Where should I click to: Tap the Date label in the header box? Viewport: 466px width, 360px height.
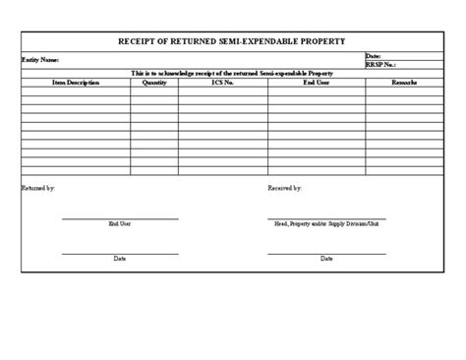coord(373,57)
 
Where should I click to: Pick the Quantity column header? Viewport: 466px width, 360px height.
coord(155,83)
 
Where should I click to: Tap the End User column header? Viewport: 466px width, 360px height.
coord(317,83)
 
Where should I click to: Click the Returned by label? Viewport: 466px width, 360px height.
coord(38,187)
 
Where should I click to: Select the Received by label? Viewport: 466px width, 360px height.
coord(285,187)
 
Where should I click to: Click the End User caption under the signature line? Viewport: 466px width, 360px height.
coord(120,223)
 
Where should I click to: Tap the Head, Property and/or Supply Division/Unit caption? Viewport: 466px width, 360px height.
coord(326,223)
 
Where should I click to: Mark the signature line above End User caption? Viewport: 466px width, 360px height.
coord(120,218)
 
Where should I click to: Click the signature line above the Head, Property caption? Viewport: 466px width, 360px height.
coord(326,218)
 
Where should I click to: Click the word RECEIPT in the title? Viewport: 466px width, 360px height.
coord(140,42)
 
